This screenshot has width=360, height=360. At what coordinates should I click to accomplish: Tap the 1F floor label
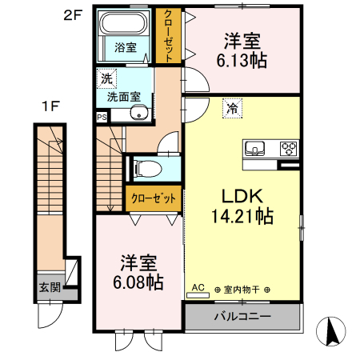[50, 105]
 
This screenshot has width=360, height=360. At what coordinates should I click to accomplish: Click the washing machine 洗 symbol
[106, 78]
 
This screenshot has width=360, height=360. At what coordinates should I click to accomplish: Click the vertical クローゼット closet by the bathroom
[169, 34]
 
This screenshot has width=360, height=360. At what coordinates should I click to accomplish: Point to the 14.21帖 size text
[243, 216]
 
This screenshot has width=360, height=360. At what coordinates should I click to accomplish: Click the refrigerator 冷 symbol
[231, 105]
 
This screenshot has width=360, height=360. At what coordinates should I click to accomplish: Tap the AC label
[198, 287]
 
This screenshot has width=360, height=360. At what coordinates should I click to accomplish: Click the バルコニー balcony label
[242, 316]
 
